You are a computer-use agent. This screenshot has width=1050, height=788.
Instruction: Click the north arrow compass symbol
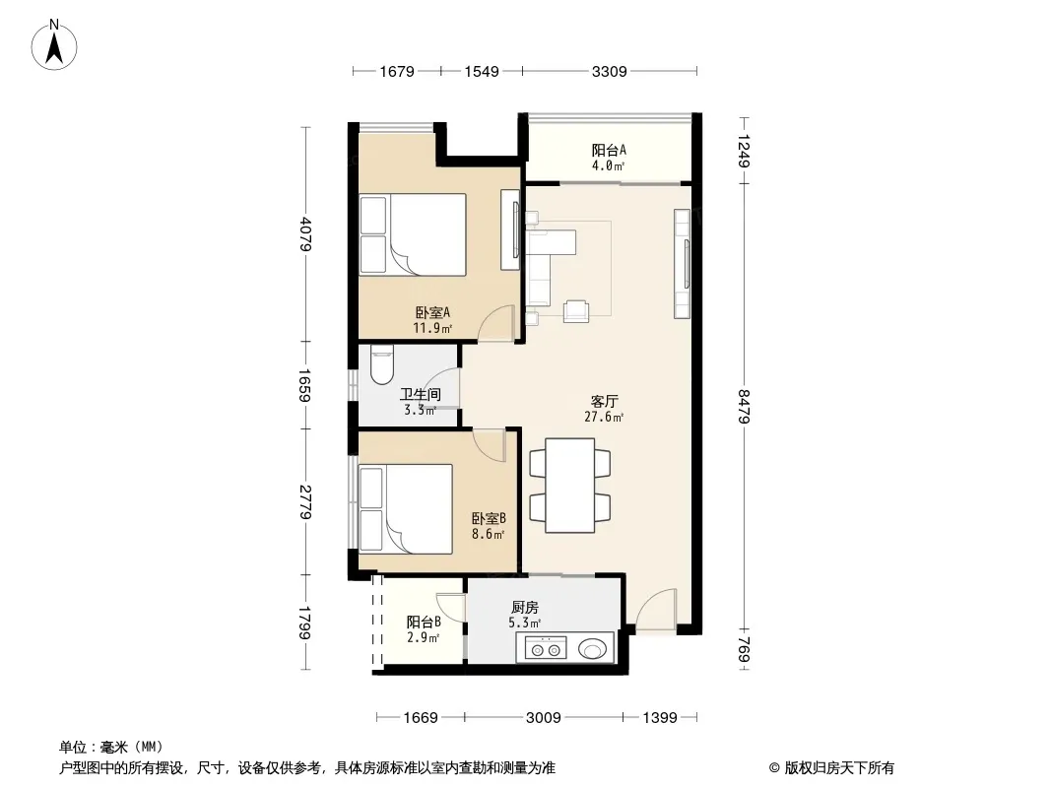coord(54,45)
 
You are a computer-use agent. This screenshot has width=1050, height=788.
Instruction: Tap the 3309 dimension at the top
coord(610,71)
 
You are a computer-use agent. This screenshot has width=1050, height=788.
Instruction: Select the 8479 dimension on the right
coord(744,407)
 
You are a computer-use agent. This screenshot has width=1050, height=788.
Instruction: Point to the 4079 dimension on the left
coord(306,234)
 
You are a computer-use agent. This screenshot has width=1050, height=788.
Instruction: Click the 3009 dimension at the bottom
coord(543,718)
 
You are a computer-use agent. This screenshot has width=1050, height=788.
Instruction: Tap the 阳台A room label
coord(609,151)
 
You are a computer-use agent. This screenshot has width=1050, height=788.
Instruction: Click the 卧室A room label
coord(432,312)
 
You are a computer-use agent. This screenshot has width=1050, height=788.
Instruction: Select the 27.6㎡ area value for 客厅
coord(604,417)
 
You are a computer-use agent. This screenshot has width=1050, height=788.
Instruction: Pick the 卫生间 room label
coord(420,395)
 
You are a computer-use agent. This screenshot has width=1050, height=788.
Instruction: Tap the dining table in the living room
coord(570,486)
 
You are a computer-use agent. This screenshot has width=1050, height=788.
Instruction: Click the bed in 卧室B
coord(406,509)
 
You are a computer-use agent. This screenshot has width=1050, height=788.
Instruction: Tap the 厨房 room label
coord(524,608)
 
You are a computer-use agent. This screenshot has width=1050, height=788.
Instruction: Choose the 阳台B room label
coord(424,622)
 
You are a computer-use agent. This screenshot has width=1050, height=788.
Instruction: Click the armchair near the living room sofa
coord(576,311)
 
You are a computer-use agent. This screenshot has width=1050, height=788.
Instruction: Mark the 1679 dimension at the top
coord(397,71)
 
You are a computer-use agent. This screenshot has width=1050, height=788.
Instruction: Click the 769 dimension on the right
coord(744,650)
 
